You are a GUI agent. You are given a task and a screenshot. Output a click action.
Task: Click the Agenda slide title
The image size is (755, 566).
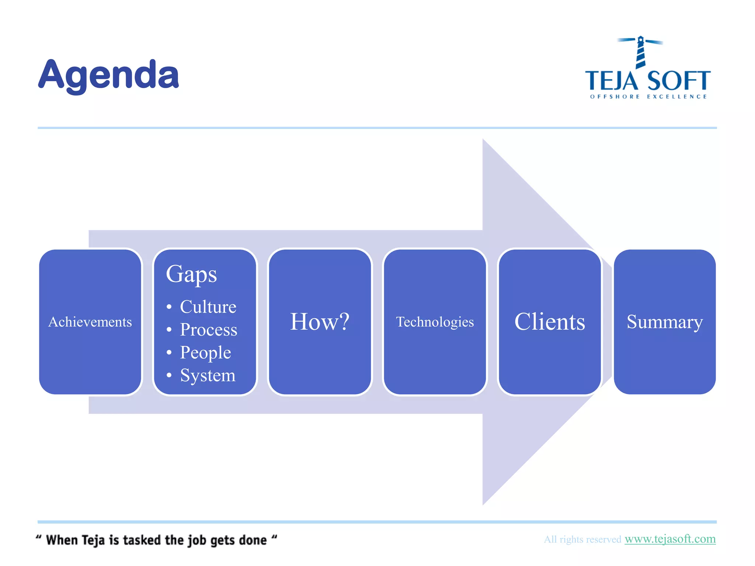click(108, 75)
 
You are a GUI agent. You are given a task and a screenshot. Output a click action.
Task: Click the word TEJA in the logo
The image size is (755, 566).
click(611, 81)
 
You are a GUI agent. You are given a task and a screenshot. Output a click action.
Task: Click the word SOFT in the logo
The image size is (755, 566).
click(678, 81)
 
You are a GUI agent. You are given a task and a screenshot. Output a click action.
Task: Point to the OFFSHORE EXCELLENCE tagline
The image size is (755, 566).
click(648, 97)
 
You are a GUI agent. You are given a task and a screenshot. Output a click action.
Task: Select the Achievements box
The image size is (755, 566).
click(90, 322)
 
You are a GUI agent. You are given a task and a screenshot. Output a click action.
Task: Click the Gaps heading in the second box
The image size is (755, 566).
click(191, 274)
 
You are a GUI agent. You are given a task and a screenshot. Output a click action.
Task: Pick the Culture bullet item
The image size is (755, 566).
click(208, 307)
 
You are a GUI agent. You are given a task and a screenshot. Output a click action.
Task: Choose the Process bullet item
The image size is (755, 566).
click(208, 330)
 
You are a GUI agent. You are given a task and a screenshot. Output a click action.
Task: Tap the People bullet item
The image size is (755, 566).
click(205, 353)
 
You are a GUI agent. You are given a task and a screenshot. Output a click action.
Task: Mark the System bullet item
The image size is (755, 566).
click(208, 375)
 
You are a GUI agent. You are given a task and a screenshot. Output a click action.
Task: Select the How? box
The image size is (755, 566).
click(320, 322)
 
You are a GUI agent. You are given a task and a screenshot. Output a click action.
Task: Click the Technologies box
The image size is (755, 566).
click(435, 322)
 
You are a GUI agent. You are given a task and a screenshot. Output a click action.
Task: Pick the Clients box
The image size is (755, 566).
click(550, 322)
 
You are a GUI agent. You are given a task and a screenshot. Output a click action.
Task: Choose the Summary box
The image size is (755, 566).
click(665, 322)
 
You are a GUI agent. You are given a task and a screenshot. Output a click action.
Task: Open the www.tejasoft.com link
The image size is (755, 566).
click(670, 539)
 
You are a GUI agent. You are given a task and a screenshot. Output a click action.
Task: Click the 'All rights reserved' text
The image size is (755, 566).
click(582, 539)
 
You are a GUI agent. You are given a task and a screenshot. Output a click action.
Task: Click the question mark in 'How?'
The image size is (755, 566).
click(344, 321)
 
